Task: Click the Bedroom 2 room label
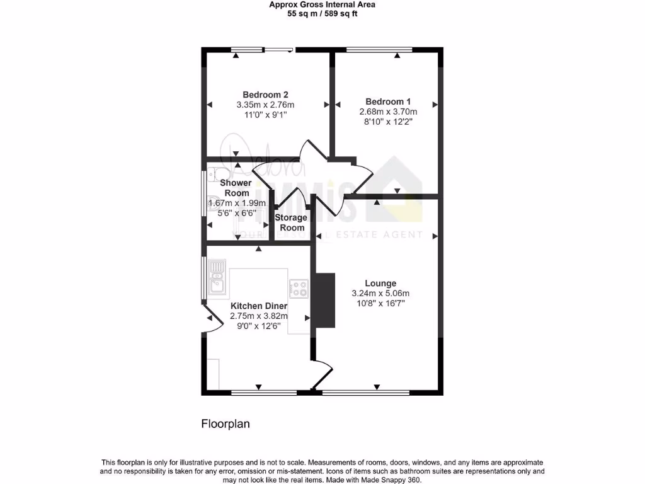coord(265,95)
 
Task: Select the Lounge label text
coord(380,283)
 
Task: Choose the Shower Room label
coord(236,188)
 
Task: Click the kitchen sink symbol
coord(217,277)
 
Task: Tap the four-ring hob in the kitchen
coord(299,289)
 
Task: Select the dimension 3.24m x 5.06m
coord(380,293)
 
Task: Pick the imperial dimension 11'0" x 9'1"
coord(265,115)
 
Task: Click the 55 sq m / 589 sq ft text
coord(322,13)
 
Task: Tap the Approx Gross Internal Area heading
coord(322,4)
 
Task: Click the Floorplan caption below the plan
coord(225,424)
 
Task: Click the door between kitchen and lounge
coord(321,374)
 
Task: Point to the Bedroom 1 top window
coord(379,50)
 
